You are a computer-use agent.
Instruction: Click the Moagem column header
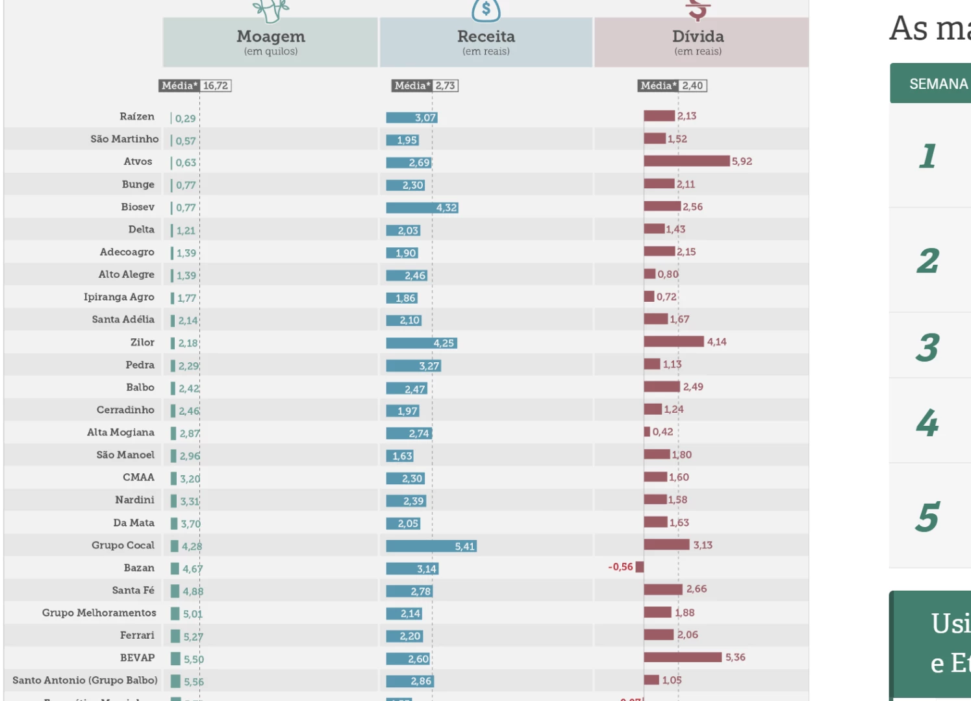(270, 42)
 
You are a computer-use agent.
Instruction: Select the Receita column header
(486, 42)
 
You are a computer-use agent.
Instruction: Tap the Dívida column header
(698, 42)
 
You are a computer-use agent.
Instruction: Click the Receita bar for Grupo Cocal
(431, 547)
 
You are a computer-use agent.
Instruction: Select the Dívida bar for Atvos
(687, 161)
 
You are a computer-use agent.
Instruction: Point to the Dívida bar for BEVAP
(683, 658)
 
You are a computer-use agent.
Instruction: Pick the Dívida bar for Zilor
(674, 341)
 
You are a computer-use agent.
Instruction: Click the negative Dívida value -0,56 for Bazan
(620, 567)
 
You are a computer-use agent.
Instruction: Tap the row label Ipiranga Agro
(119, 297)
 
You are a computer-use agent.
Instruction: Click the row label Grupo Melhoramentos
(99, 613)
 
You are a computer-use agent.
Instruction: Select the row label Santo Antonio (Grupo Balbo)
(85, 680)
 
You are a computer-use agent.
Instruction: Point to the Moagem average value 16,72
(216, 86)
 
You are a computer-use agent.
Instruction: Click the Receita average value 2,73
(446, 86)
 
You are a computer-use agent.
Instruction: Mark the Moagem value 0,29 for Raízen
(185, 119)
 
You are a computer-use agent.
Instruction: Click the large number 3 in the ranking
(927, 348)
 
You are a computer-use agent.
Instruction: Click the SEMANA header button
(938, 84)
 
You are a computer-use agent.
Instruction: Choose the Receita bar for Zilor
(422, 343)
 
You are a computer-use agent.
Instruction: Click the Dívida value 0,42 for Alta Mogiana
(662, 432)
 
